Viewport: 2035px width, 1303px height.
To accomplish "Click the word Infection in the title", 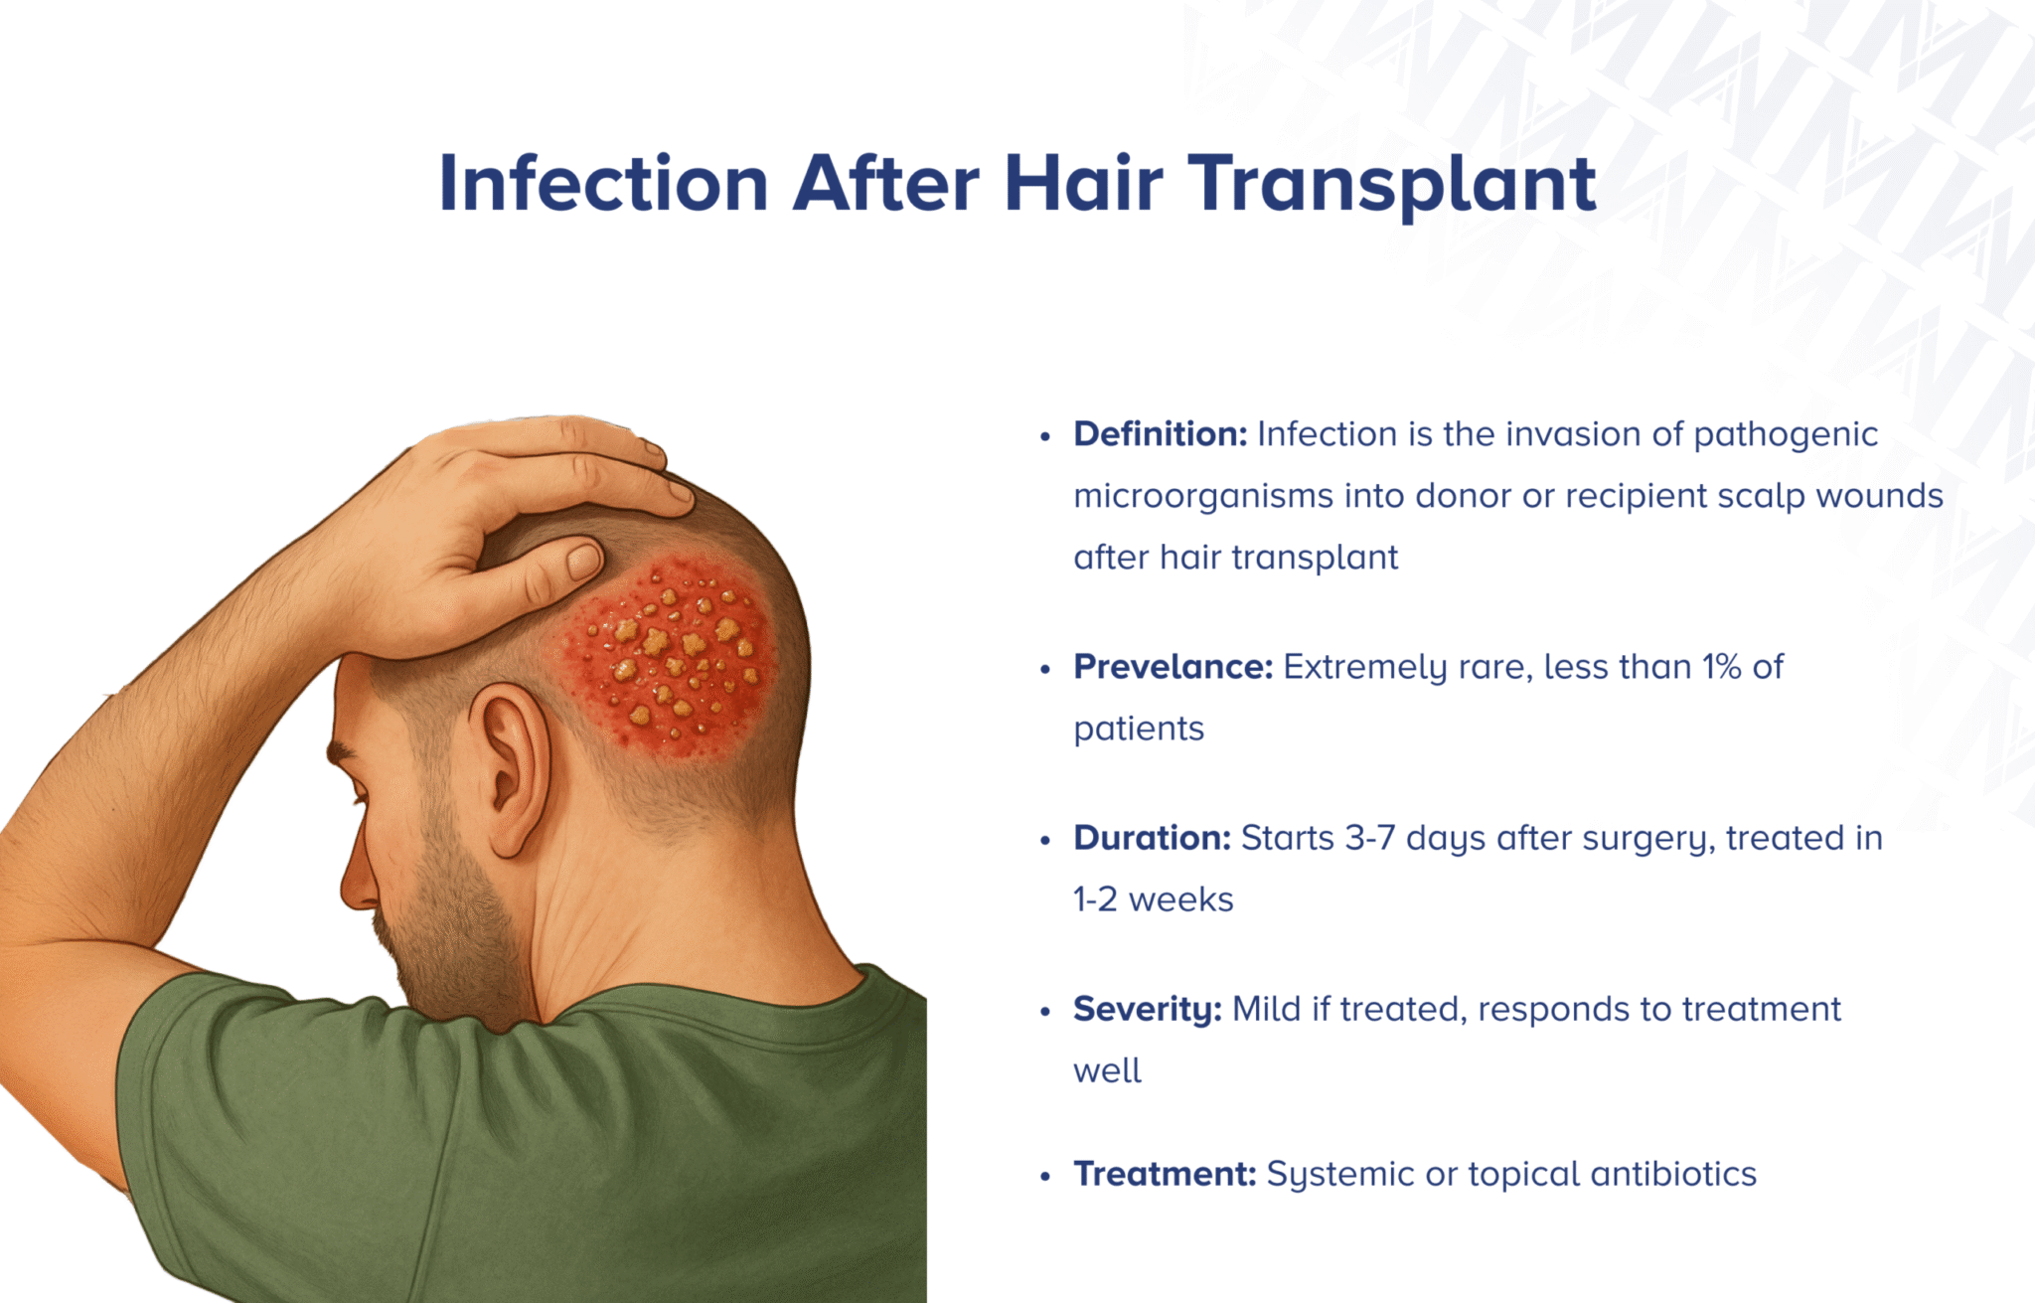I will pyautogui.click(x=603, y=184).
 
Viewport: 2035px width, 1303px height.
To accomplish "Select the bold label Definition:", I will pyautogui.click(x=1160, y=434).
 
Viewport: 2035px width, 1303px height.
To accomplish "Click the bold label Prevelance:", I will pyautogui.click(x=1173, y=667).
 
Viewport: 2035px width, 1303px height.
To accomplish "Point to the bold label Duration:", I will pyautogui.click(x=1152, y=838).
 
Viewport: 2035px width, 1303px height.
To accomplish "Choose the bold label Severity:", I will pyautogui.click(x=1147, y=1010).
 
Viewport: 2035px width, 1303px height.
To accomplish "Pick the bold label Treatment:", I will pyautogui.click(x=1165, y=1174).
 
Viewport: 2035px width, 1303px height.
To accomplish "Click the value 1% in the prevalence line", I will pyautogui.click(x=1721, y=667).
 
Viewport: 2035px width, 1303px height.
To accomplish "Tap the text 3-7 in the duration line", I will pyautogui.click(x=1369, y=838).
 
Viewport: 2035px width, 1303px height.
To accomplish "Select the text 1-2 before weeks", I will pyautogui.click(x=1095, y=899).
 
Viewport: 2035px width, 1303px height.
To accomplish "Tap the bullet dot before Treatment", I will pyautogui.click(x=1044, y=1177).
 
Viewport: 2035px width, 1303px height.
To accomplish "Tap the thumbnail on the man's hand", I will pyautogui.click(x=584, y=562).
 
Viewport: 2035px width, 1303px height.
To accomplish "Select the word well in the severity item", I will pyautogui.click(x=1107, y=1071).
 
